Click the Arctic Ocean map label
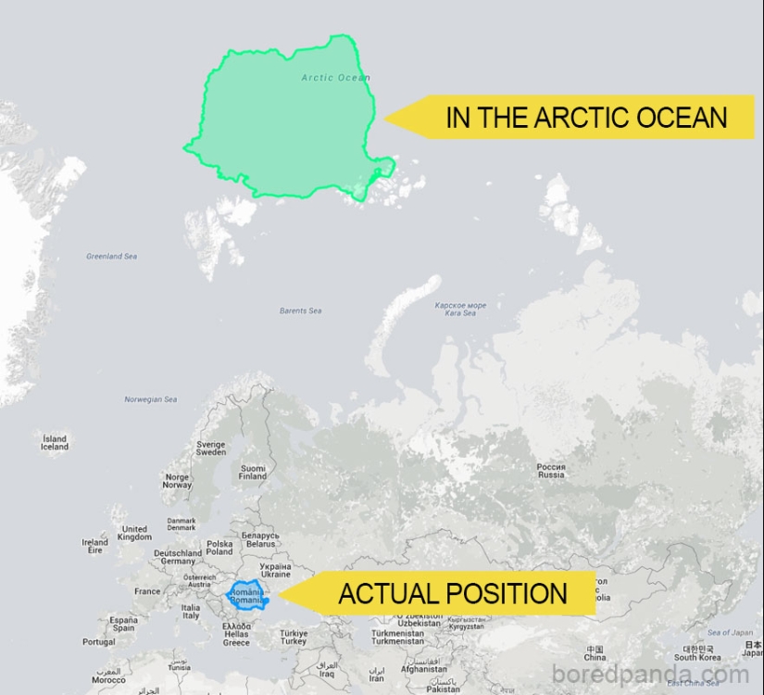(x=335, y=78)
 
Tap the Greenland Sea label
(x=111, y=257)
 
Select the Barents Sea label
(x=300, y=311)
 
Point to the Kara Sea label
(x=460, y=309)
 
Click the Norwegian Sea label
(x=150, y=399)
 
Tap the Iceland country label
(x=55, y=442)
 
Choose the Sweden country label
(x=210, y=449)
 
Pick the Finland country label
(x=252, y=473)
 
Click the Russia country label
(x=551, y=471)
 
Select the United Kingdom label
(x=134, y=533)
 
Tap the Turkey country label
(x=294, y=638)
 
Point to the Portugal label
(x=99, y=642)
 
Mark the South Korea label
(x=697, y=653)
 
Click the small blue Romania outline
(x=247, y=596)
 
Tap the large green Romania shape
(x=287, y=120)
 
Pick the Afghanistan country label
(x=423, y=669)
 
